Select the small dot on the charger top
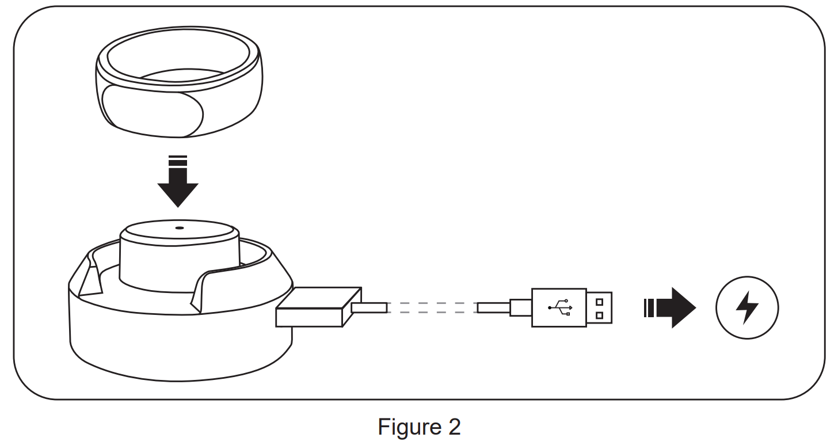click(179, 227)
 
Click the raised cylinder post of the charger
click(179, 253)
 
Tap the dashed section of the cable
click(432, 308)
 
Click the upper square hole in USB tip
click(600, 301)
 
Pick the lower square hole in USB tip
click(600, 315)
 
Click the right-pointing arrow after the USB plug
click(671, 308)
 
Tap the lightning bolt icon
click(747, 308)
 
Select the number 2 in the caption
click(454, 427)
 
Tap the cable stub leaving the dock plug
click(368, 308)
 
